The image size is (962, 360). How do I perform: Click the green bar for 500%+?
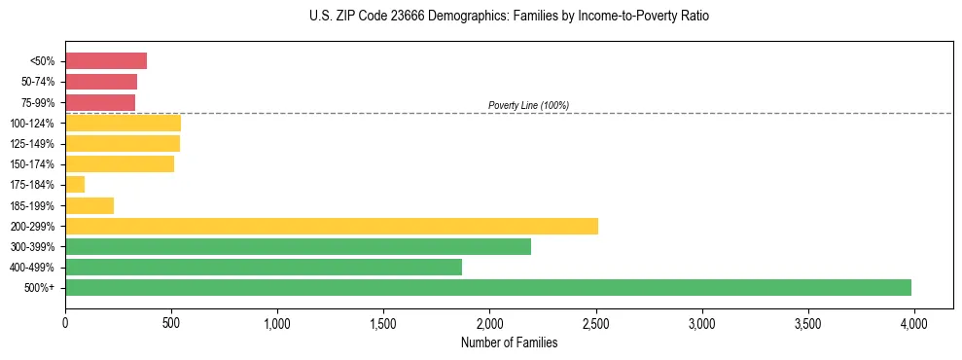click(x=488, y=287)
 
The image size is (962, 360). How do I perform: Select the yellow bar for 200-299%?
click(x=332, y=226)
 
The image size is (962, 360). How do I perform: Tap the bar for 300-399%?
click(x=298, y=246)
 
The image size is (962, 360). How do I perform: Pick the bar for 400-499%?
click(x=264, y=267)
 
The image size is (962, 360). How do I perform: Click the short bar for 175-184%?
click(x=75, y=184)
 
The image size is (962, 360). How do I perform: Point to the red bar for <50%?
click(x=106, y=61)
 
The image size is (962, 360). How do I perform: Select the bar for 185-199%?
click(x=89, y=205)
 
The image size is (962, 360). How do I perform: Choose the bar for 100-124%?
click(x=123, y=123)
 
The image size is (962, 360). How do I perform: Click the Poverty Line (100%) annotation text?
click(x=528, y=105)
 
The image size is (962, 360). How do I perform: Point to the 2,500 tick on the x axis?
click(x=595, y=320)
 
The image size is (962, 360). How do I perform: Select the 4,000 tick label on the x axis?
click(x=913, y=320)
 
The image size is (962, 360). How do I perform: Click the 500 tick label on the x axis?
click(x=171, y=320)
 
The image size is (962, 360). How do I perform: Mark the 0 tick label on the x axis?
click(x=65, y=320)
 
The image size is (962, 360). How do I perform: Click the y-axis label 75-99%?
click(x=38, y=102)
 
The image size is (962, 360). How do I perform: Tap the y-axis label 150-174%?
click(x=34, y=164)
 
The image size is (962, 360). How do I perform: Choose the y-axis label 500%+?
click(x=40, y=288)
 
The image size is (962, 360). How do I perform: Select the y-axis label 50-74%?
click(x=38, y=82)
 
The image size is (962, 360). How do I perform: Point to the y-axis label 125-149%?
click(x=34, y=144)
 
